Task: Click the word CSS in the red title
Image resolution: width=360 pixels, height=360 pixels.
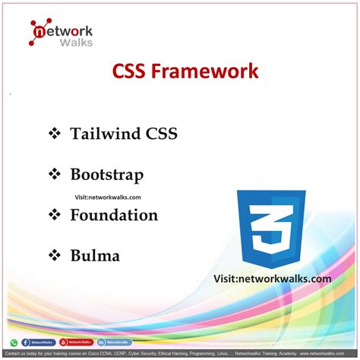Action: pyautogui.click(x=131, y=72)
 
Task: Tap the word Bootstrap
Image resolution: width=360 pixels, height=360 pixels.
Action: pyautogui.click(x=106, y=175)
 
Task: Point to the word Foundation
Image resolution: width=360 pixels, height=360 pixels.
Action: pyautogui.click(x=114, y=215)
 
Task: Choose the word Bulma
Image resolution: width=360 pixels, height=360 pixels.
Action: pyautogui.click(x=95, y=255)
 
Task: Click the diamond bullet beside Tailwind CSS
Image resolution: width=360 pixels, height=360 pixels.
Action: pyautogui.click(x=54, y=134)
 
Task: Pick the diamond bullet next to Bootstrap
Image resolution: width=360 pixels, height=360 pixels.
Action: pyautogui.click(x=54, y=175)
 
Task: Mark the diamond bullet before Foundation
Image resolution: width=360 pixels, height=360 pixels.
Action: pyautogui.click(x=54, y=215)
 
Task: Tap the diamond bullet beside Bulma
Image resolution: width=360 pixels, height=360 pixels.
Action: pyautogui.click(x=54, y=255)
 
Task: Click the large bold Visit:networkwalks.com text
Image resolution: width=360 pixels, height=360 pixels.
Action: pyautogui.click(x=272, y=279)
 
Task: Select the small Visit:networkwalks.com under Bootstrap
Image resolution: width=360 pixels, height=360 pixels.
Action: pyautogui.click(x=107, y=196)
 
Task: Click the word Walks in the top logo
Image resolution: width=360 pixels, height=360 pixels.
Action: pyautogui.click(x=76, y=42)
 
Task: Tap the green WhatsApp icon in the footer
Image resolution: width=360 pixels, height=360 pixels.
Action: pyautogui.click(x=14, y=343)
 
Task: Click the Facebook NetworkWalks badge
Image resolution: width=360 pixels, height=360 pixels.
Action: pyautogui.click(x=37, y=343)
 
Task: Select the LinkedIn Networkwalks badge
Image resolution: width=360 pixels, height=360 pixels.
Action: pyautogui.click(x=113, y=343)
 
